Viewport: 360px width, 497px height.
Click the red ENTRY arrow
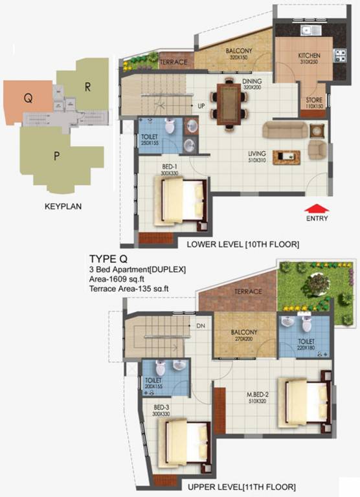(317, 208)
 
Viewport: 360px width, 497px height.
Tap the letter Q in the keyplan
(28, 98)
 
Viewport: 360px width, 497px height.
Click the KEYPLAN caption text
(63, 208)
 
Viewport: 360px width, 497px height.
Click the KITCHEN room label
(309, 56)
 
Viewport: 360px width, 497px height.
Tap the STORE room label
(314, 100)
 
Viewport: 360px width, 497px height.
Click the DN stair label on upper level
(201, 326)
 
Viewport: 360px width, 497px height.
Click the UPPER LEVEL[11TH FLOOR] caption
(242, 486)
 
